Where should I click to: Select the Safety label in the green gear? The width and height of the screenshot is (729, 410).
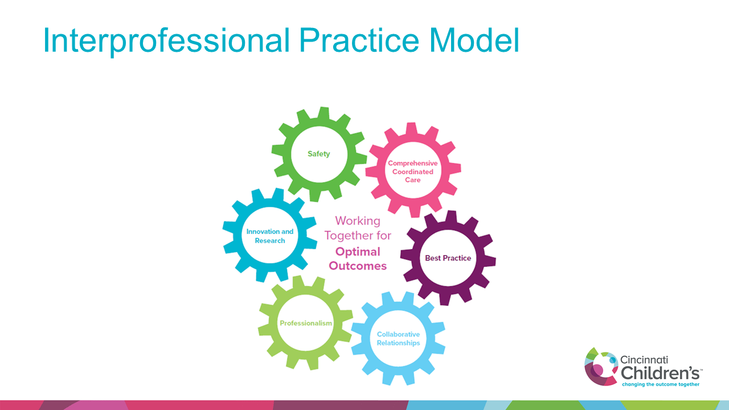(319, 154)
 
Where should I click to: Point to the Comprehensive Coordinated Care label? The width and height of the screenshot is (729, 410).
(413, 171)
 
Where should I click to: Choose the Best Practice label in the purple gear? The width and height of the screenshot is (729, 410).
(448, 258)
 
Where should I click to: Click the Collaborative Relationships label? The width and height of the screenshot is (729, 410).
(398, 339)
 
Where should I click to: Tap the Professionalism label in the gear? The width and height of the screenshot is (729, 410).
(306, 323)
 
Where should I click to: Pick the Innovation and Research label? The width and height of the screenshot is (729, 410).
(270, 236)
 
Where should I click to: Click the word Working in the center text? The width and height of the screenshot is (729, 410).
(358, 221)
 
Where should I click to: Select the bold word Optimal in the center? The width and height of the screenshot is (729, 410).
(358, 251)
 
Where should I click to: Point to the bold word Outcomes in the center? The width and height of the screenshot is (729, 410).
(358, 266)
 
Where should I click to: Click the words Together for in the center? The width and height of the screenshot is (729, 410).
(358, 236)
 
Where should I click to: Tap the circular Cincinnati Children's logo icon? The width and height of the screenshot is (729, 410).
(601, 366)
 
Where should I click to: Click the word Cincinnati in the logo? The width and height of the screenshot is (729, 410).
(644, 360)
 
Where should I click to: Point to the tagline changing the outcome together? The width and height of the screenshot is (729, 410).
(660, 384)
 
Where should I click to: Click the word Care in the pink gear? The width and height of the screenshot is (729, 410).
(413, 180)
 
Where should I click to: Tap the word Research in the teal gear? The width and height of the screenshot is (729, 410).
(270, 240)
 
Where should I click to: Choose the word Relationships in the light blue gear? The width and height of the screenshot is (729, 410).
(398, 343)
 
